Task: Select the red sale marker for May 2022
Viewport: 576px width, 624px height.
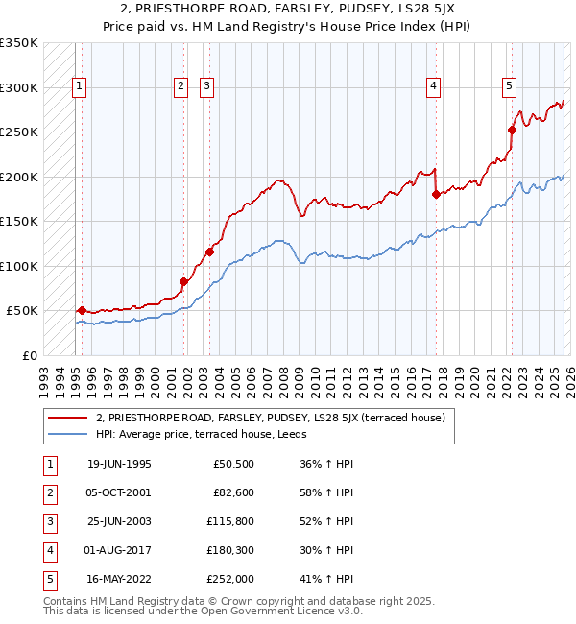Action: click(513, 130)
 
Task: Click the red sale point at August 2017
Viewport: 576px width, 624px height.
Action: click(436, 194)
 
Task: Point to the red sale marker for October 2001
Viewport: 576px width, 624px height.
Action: click(183, 281)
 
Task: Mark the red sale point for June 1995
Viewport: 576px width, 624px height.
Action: click(82, 310)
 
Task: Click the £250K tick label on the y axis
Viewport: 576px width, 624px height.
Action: click(19, 132)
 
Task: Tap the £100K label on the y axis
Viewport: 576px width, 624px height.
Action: click(19, 266)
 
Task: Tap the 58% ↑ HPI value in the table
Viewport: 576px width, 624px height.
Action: click(325, 492)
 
